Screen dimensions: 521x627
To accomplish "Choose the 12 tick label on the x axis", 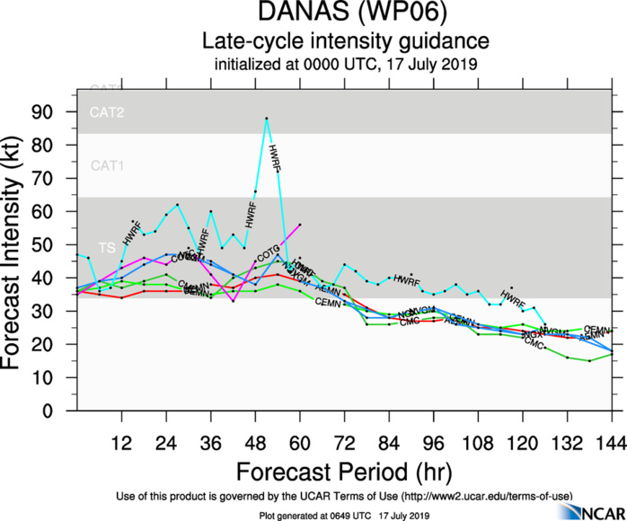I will [x=121, y=443].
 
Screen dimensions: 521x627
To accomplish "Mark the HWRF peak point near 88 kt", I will [x=266, y=119].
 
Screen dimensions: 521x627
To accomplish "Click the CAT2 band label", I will [x=107, y=113].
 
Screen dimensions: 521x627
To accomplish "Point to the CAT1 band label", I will [x=107, y=166].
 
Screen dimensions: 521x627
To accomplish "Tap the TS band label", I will [x=107, y=246].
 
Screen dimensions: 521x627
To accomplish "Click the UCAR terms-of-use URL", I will [x=485, y=496].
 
